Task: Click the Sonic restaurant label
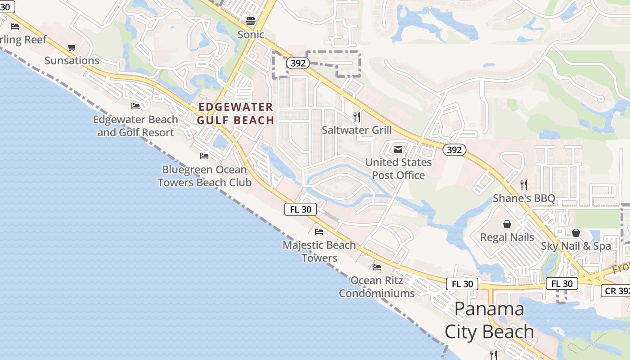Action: (x=251, y=35)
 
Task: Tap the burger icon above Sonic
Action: (x=251, y=21)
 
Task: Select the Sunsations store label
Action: (x=72, y=61)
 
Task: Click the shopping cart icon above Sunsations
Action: (x=72, y=47)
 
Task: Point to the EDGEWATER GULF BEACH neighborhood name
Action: (x=235, y=113)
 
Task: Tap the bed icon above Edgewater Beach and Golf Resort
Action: (x=135, y=106)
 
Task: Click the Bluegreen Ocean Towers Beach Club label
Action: (x=204, y=176)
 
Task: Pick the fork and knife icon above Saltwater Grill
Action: (x=357, y=117)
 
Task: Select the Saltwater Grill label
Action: (x=357, y=130)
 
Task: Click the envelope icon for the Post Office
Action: (x=398, y=149)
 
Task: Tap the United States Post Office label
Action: (x=398, y=169)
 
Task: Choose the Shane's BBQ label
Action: (x=524, y=198)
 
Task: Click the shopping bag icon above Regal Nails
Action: (x=507, y=224)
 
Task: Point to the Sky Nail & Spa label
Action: (x=576, y=246)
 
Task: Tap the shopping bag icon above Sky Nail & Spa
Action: (x=576, y=233)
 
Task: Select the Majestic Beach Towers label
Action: (x=319, y=252)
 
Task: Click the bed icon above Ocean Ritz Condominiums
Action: (x=377, y=267)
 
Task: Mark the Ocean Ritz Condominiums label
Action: (x=377, y=287)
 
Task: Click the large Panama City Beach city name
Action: (x=490, y=320)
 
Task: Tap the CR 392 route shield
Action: (x=616, y=291)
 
